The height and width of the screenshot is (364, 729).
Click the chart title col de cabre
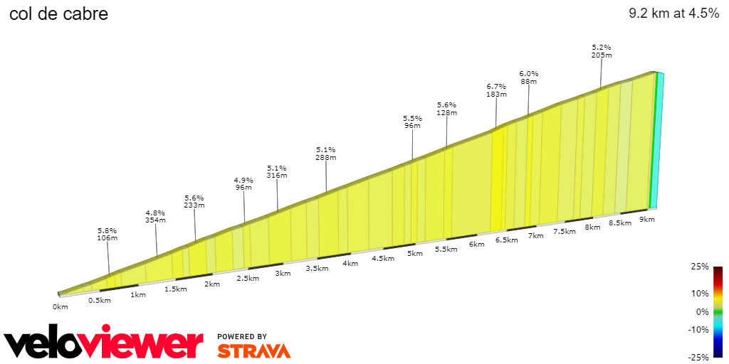click(x=58, y=14)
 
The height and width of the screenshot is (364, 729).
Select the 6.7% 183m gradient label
click(x=496, y=90)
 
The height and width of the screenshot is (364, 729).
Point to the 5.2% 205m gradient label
click(x=602, y=51)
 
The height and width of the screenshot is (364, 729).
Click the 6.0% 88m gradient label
click(x=528, y=77)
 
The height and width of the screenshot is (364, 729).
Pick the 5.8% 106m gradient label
click(x=107, y=235)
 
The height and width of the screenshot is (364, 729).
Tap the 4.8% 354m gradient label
click(x=155, y=216)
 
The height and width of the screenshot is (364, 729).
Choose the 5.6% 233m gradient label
click(x=194, y=201)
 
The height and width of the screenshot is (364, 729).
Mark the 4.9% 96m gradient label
click(x=243, y=184)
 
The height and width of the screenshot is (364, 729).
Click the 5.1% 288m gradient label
click(x=325, y=154)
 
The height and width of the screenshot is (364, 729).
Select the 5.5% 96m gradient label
click(x=412, y=122)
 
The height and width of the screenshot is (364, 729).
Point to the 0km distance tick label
click(x=60, y=306)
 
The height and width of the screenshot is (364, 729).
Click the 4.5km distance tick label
click(x=382, y=258)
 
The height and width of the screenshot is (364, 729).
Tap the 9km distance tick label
click(x=647, y=220)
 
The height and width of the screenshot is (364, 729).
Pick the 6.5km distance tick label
click(x=506, y=240)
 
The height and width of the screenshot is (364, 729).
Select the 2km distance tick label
click(x=211, y=284)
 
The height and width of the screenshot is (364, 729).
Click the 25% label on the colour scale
click(x=700, y=267)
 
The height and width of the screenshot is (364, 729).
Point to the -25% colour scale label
click(x=698, y=357)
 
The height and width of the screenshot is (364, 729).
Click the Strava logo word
click(x=253, y=350)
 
